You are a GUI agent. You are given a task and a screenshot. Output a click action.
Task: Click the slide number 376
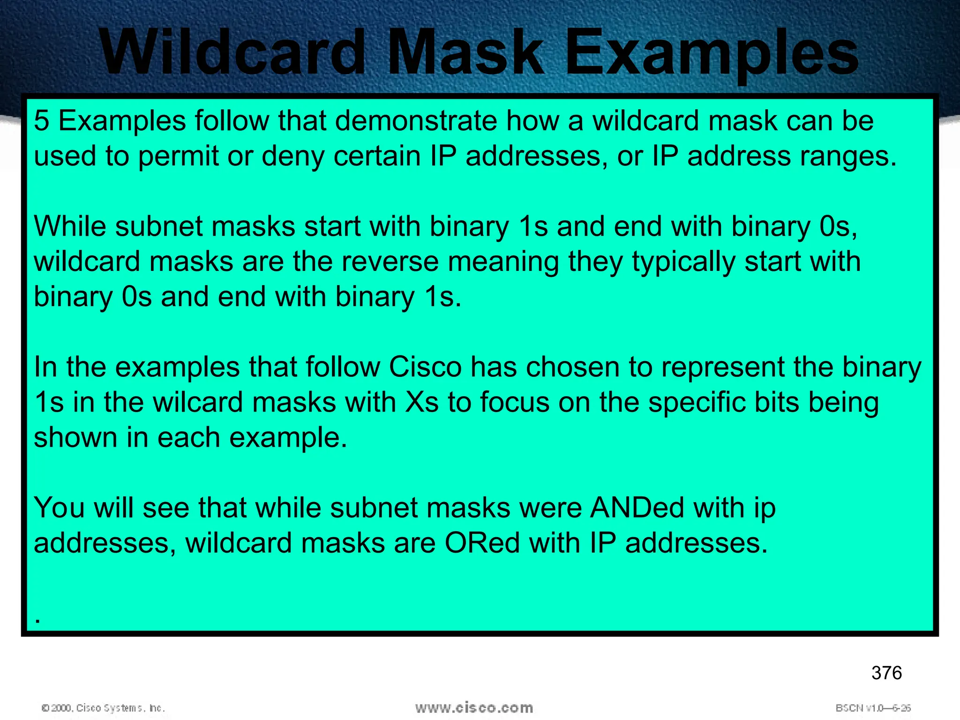click(886, 673)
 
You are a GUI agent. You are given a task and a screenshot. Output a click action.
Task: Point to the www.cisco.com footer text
click(474, 708)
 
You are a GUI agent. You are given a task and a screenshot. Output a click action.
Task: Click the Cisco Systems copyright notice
click(103, 708)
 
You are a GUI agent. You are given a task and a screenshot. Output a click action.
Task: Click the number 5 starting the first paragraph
click(41, 121)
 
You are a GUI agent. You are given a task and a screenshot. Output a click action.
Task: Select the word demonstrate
click(415, 121)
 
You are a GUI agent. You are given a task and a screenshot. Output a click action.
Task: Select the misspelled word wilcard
click(197, 402)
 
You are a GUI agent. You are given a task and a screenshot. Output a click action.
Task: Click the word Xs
click(421, 402)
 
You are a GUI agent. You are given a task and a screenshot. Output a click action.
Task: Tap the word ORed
click(482, 543)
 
